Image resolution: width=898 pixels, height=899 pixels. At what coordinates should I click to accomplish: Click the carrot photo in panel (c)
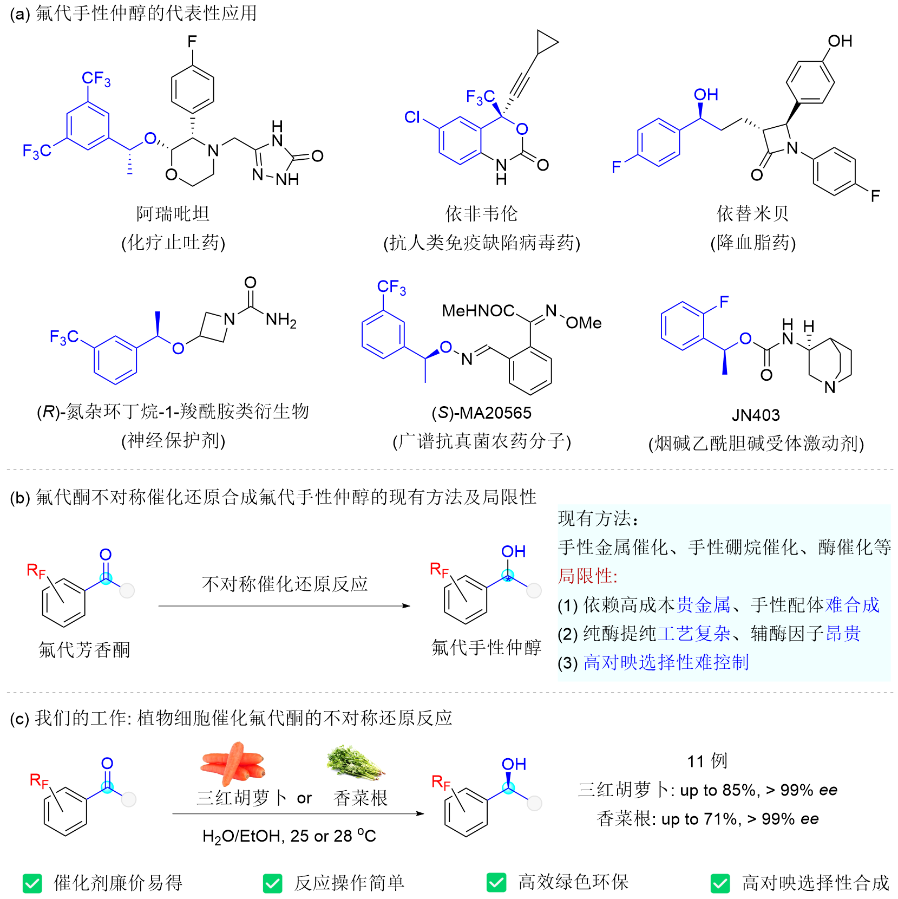click(233, 764)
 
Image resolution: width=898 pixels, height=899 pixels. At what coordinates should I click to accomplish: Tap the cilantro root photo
click(355, 762)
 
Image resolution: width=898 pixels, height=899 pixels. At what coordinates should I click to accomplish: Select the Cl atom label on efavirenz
click(412, 117)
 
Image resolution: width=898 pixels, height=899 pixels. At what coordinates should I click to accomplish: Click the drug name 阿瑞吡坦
click(173, 214)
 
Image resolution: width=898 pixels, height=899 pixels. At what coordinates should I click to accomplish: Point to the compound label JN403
click(756, 415)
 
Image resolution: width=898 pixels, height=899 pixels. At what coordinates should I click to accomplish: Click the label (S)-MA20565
click(481, 413)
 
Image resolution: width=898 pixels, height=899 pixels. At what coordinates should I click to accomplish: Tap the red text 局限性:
click(588, 576)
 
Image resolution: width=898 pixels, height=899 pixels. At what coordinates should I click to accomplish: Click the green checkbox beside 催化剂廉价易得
click(32, 883)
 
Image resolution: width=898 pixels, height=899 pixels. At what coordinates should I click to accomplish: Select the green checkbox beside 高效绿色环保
click(496, 882)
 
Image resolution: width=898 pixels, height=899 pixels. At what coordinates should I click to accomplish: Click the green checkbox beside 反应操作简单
click(273, 883)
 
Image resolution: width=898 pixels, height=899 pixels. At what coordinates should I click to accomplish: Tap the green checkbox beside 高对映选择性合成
click(720, 883)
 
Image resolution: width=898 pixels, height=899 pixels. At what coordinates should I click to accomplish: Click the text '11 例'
click(707, 761)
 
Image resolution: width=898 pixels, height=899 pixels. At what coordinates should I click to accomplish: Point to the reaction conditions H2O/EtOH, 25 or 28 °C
click(289, 836)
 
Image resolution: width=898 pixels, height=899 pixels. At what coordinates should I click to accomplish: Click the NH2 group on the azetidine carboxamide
click(281, 320)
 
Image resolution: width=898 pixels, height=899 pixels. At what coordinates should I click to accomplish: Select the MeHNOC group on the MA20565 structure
click(478, 311)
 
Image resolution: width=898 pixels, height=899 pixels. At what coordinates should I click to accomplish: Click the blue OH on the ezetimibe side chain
click(706, 95)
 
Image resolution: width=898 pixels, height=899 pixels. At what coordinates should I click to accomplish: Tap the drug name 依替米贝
click(753, 214)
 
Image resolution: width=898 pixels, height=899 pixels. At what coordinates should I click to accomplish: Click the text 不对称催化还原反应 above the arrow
click(285, 584)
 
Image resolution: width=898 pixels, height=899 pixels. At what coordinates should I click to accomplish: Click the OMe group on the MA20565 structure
click(584, 323)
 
